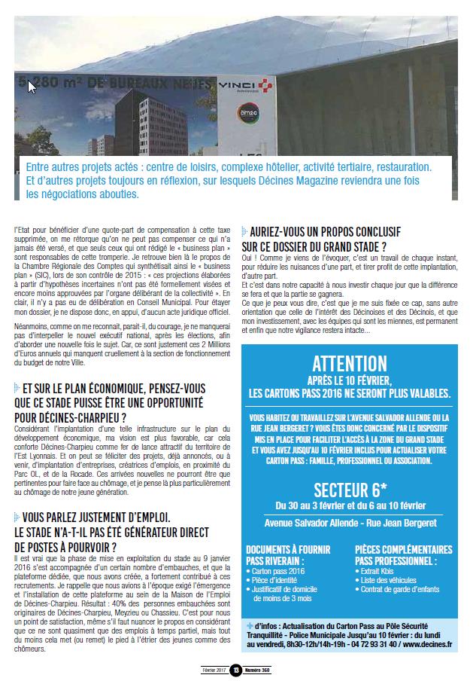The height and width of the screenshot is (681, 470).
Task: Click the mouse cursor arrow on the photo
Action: coord(32,87)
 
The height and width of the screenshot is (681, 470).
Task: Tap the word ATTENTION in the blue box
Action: coord(350,364)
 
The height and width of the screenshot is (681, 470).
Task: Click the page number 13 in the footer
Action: coord(235,670)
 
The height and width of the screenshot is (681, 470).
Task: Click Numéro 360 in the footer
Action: coord(256,670)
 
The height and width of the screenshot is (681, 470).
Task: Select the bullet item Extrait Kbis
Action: coord(380,572)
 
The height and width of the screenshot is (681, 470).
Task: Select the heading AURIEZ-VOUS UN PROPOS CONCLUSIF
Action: coord(325,231)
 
